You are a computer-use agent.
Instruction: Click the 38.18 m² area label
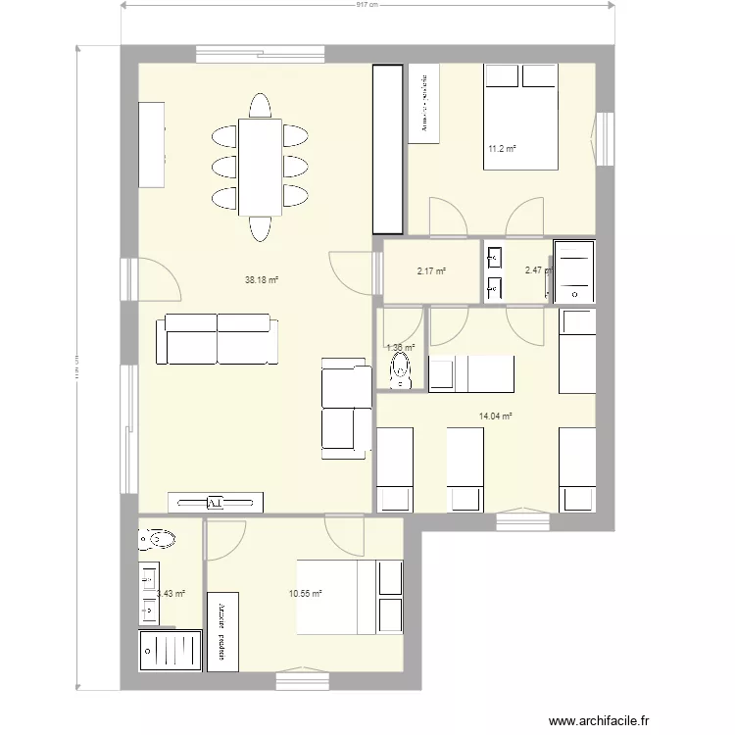pos(262,279)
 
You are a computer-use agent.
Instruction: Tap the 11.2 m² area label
pos(502,150)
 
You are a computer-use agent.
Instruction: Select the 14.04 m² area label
pos(496,416)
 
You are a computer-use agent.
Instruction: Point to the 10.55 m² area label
pos(306,593)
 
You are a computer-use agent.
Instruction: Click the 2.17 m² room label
pos(431,271)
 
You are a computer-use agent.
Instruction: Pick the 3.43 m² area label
pos(171,593)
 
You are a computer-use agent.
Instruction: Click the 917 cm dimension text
pos(368,5)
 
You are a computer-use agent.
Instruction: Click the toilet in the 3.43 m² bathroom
pos(157,538)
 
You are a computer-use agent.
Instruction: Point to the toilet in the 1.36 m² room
pos(401,368)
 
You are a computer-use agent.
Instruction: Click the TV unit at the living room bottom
pos(217,502)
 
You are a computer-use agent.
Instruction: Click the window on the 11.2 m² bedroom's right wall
pos(605,137)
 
